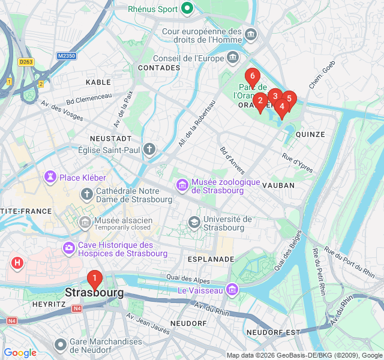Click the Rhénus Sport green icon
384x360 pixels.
[x=187, y=8]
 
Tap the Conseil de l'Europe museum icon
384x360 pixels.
[x=233, y=58]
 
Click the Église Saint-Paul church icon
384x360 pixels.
[x=149, y=148]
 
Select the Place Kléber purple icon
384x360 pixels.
[x=49, y=178]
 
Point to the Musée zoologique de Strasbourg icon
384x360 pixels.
[x=182, y=186]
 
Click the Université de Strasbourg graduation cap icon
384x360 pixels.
[x=194, y=223]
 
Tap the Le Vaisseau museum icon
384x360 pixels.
[x=232, y=290]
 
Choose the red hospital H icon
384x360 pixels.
[x=17, y=263]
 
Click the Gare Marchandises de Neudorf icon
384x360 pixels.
[x=60, y=344]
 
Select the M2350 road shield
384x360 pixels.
[x=67, y=56]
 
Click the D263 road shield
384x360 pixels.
[x=25, y=61]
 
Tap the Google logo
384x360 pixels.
[x=20, y=353]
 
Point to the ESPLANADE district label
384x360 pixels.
[x=211, y=259]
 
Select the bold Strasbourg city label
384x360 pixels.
[x=94, y=293]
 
